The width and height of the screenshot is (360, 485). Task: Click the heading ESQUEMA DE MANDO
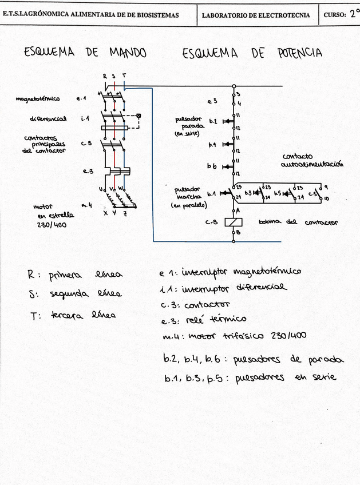click(85, 53)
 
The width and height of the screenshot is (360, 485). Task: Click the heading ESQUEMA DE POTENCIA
click(252, 53)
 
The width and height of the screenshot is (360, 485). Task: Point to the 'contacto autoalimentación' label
click(312, 160)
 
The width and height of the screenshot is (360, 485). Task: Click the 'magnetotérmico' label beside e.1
click(38, 99)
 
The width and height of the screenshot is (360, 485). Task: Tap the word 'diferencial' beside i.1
click(48, 119)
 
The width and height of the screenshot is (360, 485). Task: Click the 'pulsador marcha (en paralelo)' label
click(188, 196)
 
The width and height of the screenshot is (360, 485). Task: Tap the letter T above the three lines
click(124, 75)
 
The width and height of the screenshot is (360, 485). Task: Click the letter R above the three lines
click(105, 75)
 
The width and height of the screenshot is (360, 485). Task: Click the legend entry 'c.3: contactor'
click(195, 304)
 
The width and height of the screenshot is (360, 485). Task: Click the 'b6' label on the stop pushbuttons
click(212, 166)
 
